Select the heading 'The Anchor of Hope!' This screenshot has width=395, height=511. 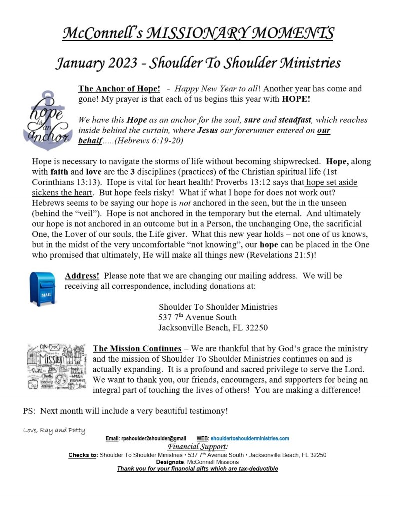[119, 89]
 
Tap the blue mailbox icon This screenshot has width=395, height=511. [43, 288]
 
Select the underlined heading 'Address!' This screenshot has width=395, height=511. [82, 276]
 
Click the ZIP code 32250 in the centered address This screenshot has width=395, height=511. [256, 328]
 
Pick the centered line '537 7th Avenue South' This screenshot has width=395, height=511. [197, 317]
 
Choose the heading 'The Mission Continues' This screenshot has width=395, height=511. [137, 348]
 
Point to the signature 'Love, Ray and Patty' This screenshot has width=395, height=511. [54, 430]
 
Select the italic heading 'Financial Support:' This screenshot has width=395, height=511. [198, 446]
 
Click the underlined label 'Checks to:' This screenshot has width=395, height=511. [83, 455]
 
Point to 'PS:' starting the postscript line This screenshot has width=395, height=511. [29, 411]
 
